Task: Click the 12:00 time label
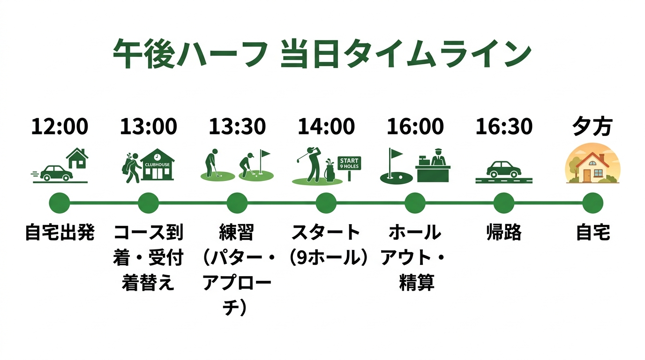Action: [60, 127]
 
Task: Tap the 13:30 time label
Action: [237, 127]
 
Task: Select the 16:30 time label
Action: [504, 127]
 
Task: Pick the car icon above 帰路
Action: [503, 169]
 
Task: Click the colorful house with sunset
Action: [592, 164]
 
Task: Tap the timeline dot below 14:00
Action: [326, 203]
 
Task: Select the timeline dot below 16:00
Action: [415, 203]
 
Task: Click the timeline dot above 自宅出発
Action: [60, 203]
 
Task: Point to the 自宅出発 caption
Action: [60, 232]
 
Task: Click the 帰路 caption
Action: [504, 232]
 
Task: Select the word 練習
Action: [237, 232]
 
